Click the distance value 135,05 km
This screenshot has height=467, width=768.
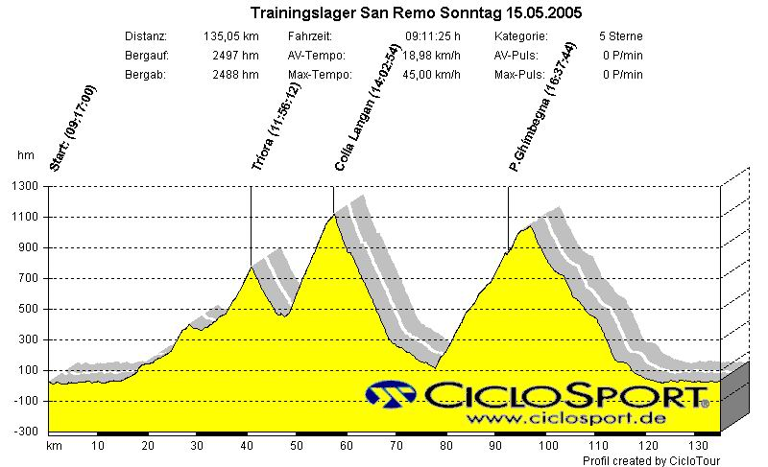click(231, 36)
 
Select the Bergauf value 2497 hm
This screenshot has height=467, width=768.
click(235, 56)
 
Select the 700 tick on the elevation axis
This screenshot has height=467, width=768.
click(29, 278)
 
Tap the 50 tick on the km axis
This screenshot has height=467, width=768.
click(297, 446)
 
